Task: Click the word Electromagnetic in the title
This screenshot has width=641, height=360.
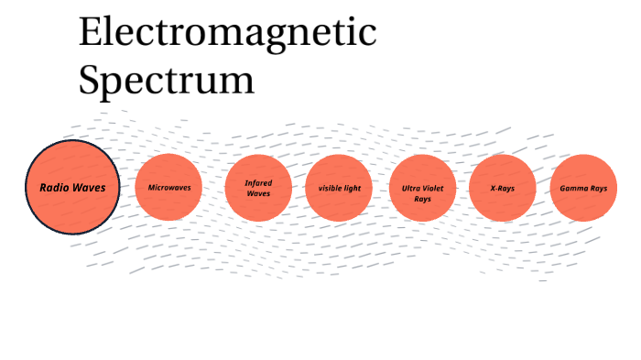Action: pos(227,33)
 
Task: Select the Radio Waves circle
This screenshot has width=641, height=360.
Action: pos(71,187)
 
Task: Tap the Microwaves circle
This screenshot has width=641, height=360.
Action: pos(169,188)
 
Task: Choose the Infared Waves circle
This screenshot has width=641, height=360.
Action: pos(258,188)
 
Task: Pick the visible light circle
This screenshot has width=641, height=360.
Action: pos(340,188)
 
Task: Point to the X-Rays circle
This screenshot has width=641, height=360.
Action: pos(503,188)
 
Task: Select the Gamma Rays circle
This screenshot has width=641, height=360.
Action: pos(583,188)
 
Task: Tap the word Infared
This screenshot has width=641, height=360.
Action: pos(258,182)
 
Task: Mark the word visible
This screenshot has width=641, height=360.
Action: pos(331,188)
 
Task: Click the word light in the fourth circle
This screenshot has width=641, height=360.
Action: pos(353,188)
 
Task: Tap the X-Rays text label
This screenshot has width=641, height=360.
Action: pos(503,188)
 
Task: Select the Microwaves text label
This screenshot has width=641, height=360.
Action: pos(169,188)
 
